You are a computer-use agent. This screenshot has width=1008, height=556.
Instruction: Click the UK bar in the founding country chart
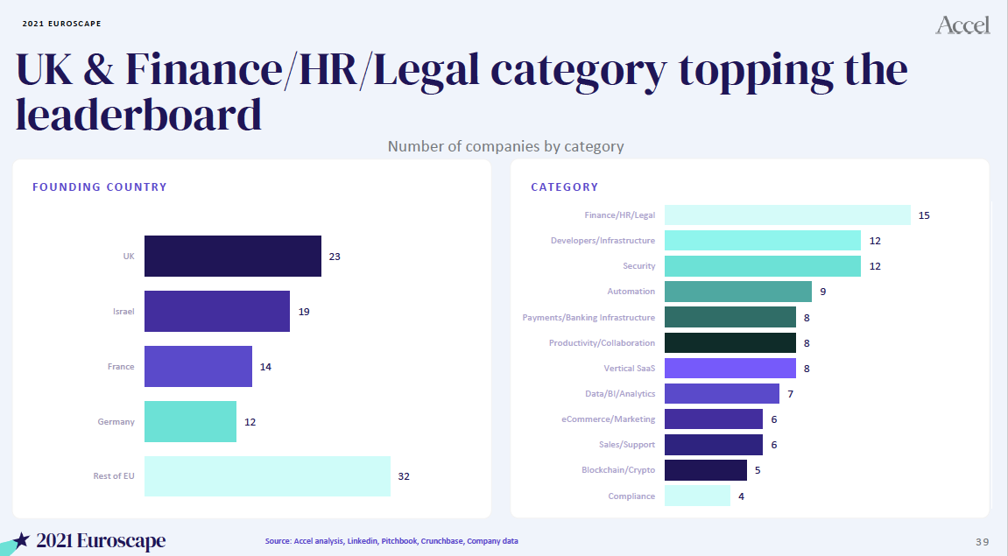tap(232, 257)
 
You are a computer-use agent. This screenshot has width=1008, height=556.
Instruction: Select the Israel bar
tap(216, 311)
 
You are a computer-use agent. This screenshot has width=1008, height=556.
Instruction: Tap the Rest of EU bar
tap(267, 476)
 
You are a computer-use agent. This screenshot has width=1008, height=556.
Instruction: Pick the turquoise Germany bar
tap(190, 421)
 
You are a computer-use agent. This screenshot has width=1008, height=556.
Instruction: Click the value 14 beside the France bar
tap(265, 367)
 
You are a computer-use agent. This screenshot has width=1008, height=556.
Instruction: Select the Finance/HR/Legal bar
tap(787, 215)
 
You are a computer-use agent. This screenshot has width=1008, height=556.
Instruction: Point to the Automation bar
tap(737, 291)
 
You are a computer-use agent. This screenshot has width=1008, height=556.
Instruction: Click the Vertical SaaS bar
tap(730, 368)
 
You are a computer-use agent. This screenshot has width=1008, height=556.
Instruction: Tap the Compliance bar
tap(697, 496)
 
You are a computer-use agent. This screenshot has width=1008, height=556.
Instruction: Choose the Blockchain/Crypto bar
tap(705, 470)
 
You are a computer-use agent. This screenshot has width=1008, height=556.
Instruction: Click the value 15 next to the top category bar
tap(924, 215)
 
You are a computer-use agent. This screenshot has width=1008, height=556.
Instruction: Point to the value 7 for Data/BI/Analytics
tap(791, 394)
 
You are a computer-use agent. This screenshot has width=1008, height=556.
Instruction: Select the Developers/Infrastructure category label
tap(603, 241)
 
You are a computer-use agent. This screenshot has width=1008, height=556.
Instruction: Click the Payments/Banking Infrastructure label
tap(589, 317)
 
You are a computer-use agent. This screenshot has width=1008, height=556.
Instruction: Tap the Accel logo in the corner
tap(962, 25)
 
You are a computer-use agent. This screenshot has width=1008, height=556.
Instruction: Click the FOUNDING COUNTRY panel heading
tap(99, 187)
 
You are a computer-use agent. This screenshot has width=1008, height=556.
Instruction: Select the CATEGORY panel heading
tap(564, 187)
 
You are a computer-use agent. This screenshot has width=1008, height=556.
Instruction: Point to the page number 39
tap(983, 539)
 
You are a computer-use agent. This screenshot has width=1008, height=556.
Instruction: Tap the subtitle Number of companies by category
tap(505, 146)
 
